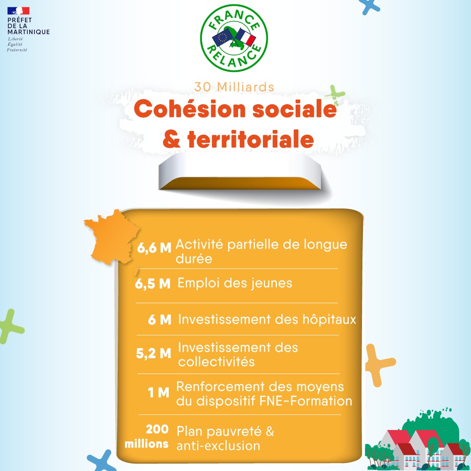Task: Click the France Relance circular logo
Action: pyautogui.click(x=234, y=38)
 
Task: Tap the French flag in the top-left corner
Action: pyautogui.click(x=18, y=11)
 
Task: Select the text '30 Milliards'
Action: pyautogui.click(x=234, y=87)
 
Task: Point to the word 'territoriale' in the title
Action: pyautogui.click(x=250, y=139)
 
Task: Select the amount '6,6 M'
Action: pyautogui.click(x=154, y=248)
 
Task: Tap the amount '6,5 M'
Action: pyautogui.click(x=153, y=283)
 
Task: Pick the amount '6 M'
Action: pyautogui.click(x=160, y=320)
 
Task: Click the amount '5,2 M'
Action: pyautogui.click(x=154, y=354)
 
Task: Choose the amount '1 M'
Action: pyautogui.click(x=158, y=392)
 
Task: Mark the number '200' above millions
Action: pyautogui.click(x=157, y=429)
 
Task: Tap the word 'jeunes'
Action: pyautogui.click(x=272, y=283)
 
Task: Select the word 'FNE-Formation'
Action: pyautogui.click(x=305, y=401)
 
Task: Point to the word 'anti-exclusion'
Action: pyautogui.click(x=218, y=445)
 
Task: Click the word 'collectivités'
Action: pyautogui.click(x=216, y=362)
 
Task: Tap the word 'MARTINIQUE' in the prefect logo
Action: pyautogui.click(x=28, y=32)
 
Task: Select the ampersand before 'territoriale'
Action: pyautogui.click(x=171, y=139)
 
